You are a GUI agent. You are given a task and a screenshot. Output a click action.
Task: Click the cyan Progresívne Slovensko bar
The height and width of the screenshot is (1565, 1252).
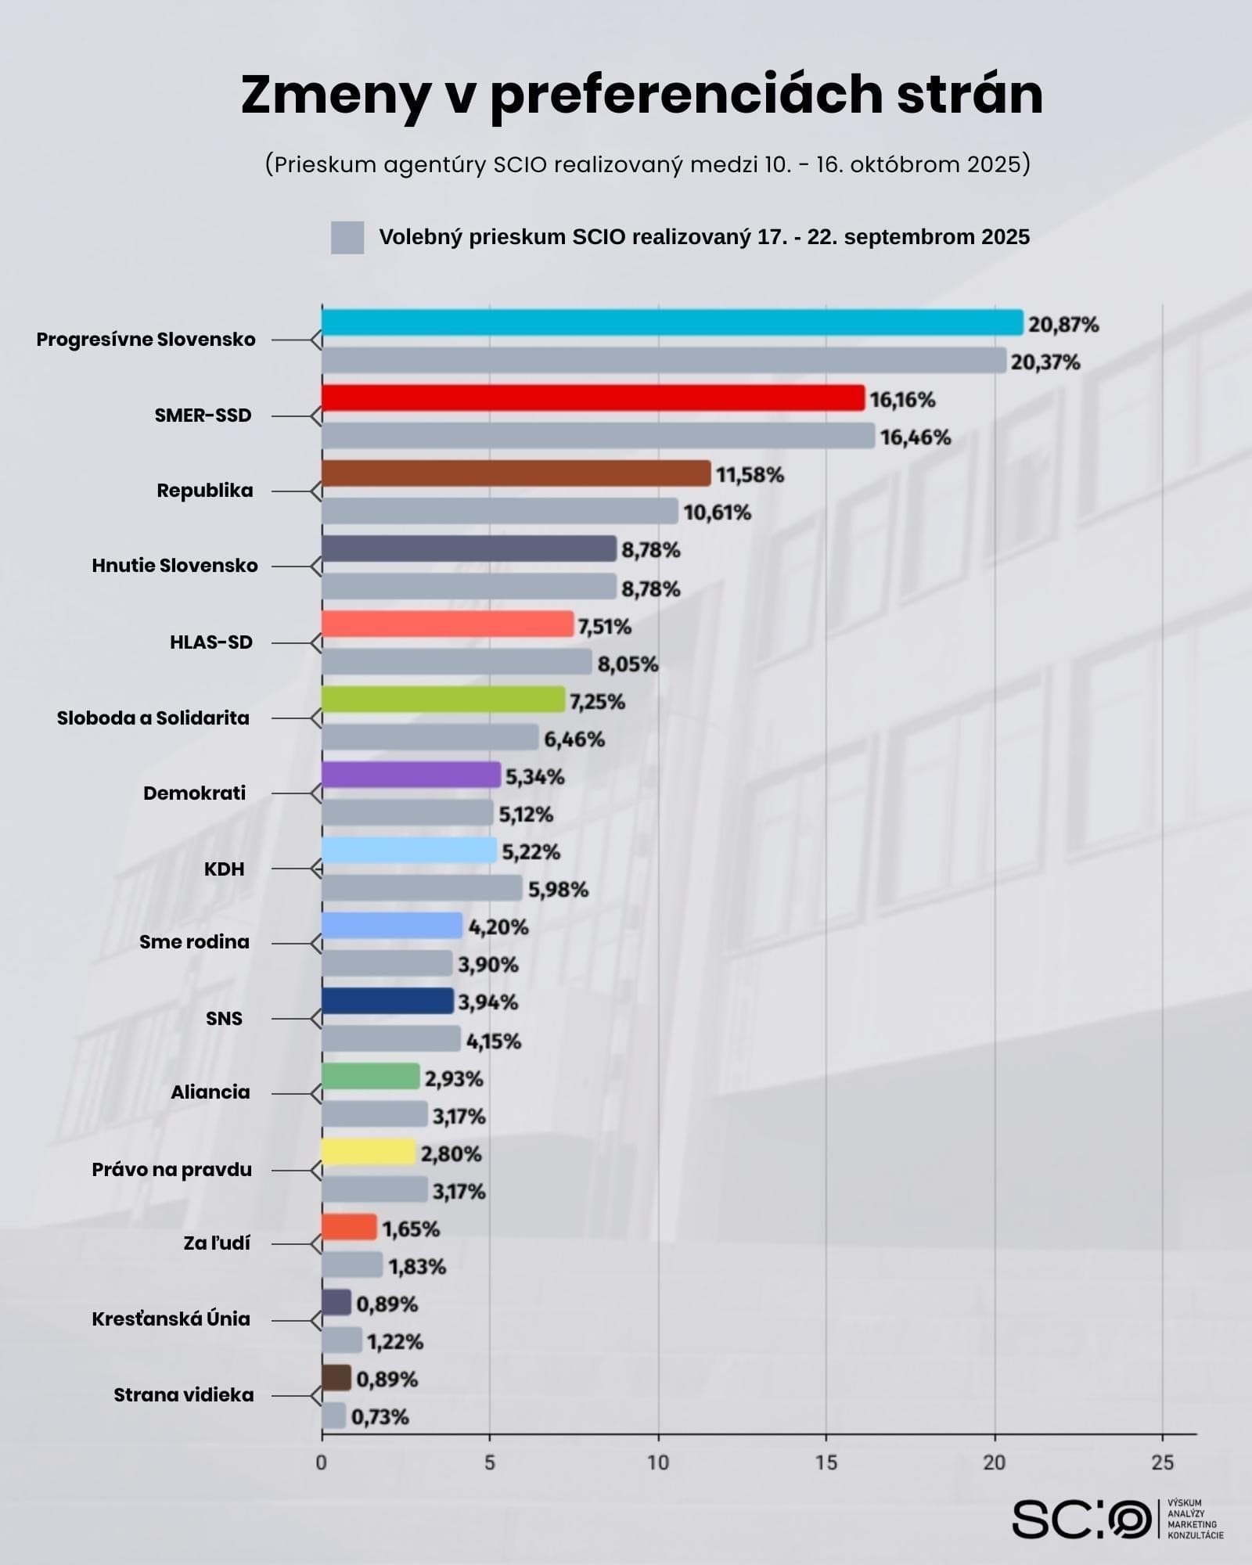pyautogui.click(x=671, y=322)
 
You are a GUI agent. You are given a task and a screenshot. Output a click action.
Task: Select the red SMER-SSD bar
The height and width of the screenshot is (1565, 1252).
pyautogui.click(x=592, y=398)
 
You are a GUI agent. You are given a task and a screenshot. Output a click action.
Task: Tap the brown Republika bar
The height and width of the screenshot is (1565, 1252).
pyautogui.click(x=516, y=473)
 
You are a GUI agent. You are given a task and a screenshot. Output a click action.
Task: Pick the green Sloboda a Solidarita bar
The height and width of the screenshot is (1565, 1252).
pyautogui.click(x=443, y=700)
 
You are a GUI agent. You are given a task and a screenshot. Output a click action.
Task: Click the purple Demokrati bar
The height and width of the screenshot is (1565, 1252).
pyautogui.click(x=411, y=775)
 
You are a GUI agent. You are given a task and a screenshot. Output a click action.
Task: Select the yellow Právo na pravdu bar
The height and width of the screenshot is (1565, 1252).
pyautogui.click(x=368, y=1152)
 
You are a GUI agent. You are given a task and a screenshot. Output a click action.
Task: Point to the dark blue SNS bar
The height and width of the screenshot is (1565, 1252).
pyautogui.click(x=387, y=1001)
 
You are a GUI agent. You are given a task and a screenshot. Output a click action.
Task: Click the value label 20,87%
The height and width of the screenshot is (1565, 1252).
pyautogui.click(x=1063, y=324)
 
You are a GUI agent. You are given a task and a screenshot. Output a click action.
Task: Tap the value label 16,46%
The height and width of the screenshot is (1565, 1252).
pyautogui.click(x=915, y=437)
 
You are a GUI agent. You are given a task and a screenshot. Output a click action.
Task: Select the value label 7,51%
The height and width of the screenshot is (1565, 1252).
pyautogui.click(x=604, y=627)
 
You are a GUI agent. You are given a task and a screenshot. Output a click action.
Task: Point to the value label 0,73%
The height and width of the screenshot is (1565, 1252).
pyautogui.click(x=380, y=1417)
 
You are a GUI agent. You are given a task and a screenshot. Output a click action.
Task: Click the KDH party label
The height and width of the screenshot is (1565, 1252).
pyautogui.click(x=224, y=869)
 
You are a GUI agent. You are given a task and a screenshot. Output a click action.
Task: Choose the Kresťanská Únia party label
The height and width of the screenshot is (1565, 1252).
pyautogui.click(x=171, y=1319)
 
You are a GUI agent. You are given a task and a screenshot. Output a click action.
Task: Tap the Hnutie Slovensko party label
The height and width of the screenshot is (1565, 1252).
pyautogui.click(x=174, y=565)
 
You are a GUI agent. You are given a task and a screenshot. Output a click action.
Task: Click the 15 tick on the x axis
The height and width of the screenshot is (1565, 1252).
pyautogui.click(x=826, y=1462)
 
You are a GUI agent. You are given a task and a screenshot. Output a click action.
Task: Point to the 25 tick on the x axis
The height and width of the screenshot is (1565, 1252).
pyautogui.click(x=1162, y=1462)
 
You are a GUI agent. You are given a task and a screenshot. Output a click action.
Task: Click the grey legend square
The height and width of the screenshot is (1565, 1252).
pyautogui.click(x=347, y=237)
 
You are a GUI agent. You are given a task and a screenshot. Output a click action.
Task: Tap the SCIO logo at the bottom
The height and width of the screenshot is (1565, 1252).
pyautogui.click(x=1081, y=1519)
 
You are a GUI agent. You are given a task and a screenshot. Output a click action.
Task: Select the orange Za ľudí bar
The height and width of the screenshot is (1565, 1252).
pyautogui.click(x=349, y=1227)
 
